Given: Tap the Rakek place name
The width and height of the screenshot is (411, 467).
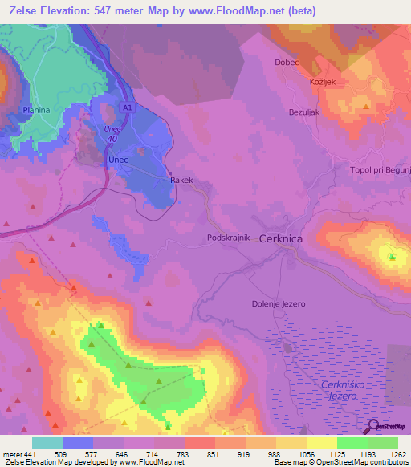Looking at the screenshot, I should tap(181, 181).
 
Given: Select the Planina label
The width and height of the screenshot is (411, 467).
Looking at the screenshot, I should tap(36, 110).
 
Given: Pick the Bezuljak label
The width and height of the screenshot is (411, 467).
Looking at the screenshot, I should tap(304, 112).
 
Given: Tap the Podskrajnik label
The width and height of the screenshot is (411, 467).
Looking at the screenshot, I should tap(230, 238).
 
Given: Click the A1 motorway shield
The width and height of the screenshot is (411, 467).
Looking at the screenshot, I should tap(128, 106).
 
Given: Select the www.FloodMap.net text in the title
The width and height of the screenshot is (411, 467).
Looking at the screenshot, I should tap(246, 11).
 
